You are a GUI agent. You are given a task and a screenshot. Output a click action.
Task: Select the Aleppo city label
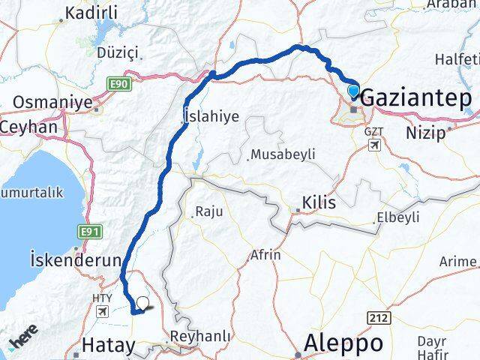pyautogui.click(x=343, y=343)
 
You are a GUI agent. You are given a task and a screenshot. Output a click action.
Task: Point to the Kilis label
pyautogui.click(x=318, y=202)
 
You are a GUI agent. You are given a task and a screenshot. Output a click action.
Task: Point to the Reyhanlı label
pyautogui.click(x=201, y=337)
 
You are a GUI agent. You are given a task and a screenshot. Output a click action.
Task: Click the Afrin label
pyautogui.click(x=266, y=255)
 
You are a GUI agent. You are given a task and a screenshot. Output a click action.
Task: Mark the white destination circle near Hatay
pyautogui.click(x=142, y=304)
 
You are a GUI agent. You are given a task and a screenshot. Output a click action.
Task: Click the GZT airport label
pyautogui.click(x=373, y=131)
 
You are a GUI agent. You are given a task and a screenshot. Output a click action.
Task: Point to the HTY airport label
pyautogui.click(x=100, y=297)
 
